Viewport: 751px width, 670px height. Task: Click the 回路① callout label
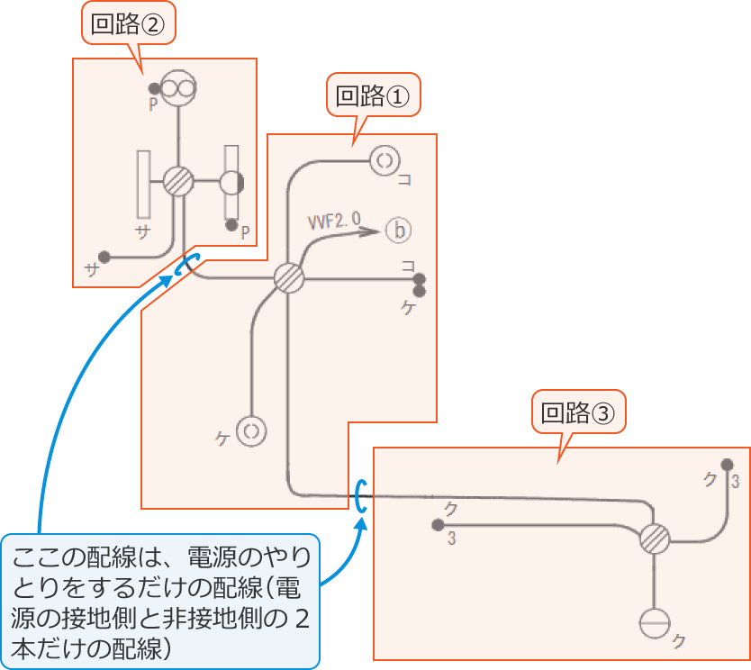[372, 96]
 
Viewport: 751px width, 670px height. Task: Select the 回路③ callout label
[577, 413]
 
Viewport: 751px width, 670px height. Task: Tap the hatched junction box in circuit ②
[179, 182]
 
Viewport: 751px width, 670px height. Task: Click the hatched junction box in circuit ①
[289, 278]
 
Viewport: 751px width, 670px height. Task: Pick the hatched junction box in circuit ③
[655, 540]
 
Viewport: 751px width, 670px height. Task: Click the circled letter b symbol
[397, 231]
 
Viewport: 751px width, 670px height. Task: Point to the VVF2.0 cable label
[335, 219]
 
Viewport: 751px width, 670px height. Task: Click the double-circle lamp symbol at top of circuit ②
[178, 88]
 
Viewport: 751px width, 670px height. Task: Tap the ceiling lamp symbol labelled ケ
[251, 431]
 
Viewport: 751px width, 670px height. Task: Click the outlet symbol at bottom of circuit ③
[655, 623]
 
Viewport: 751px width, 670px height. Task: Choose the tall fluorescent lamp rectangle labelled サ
[143, 185]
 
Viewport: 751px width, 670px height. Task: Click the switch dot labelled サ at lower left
[104, 256]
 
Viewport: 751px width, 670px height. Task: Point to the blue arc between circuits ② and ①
[182, 266]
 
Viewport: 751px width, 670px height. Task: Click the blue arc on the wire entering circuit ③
[359, 495]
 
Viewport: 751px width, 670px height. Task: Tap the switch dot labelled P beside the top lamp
[155, 88]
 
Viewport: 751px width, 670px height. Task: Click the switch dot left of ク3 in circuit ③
[438, 525]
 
